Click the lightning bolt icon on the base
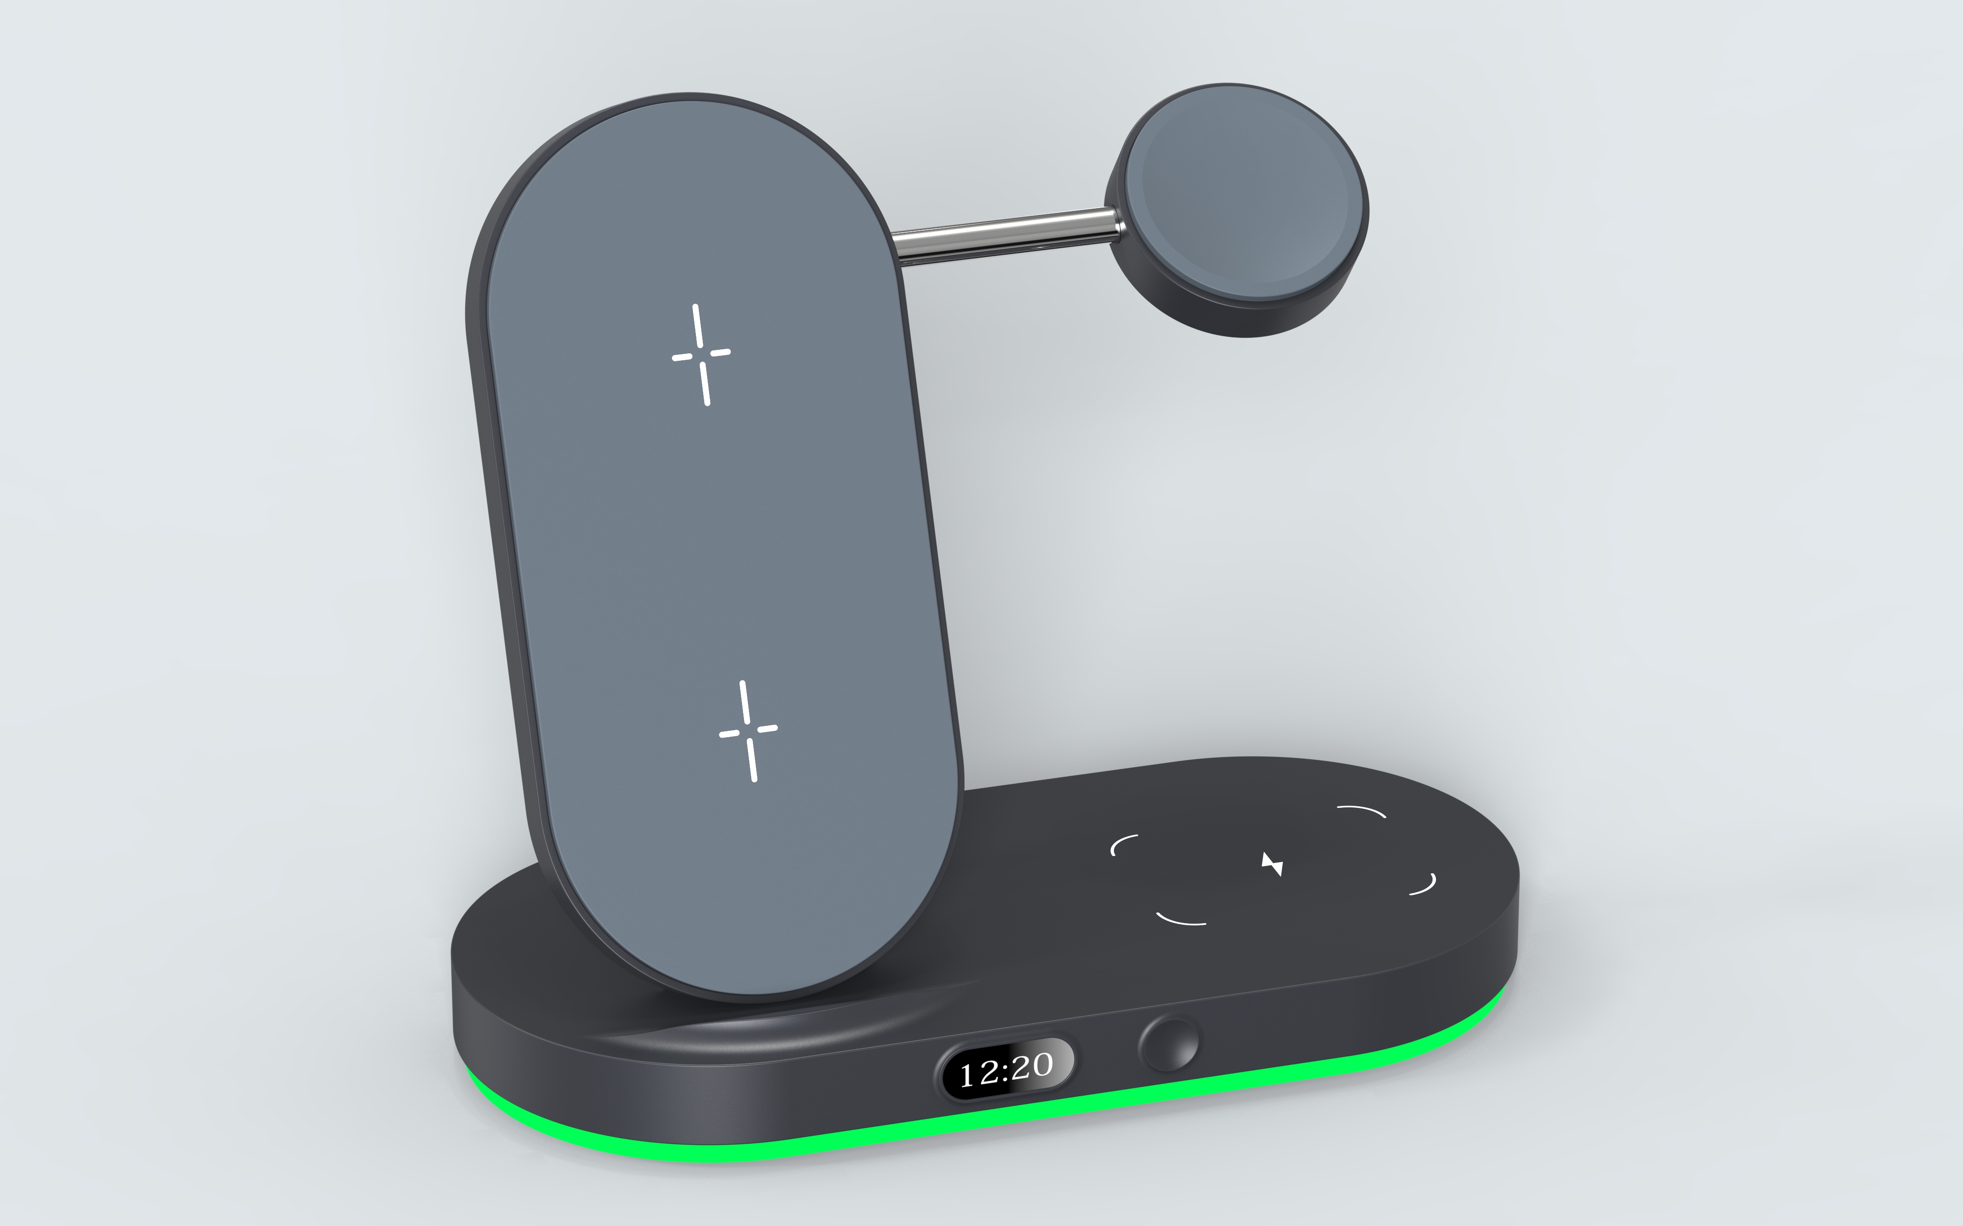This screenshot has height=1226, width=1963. click(x=1272, y=864)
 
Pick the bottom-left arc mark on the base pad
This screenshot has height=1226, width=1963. click(x=1180, y=920)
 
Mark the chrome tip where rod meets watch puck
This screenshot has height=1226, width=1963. click(x=1117, y=225)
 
